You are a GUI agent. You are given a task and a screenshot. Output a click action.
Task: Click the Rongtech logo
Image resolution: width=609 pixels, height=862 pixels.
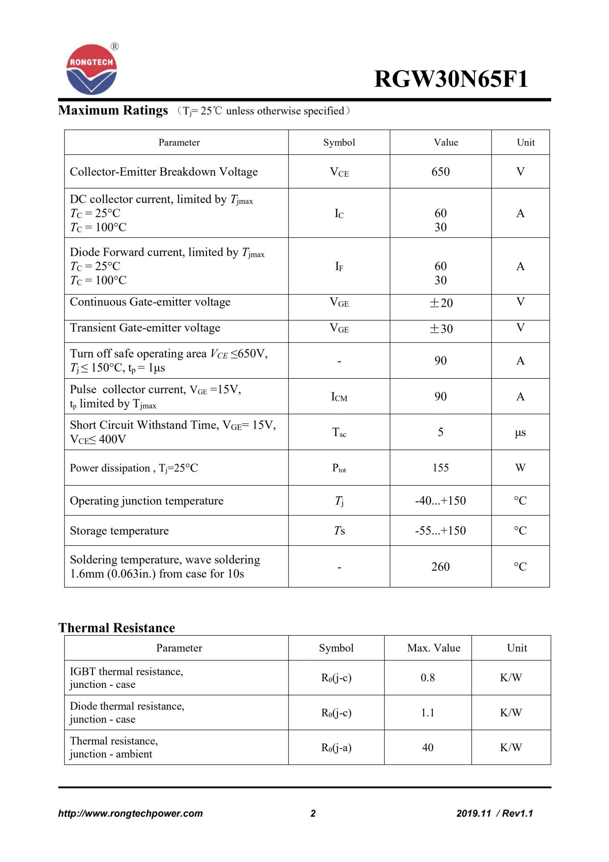92,69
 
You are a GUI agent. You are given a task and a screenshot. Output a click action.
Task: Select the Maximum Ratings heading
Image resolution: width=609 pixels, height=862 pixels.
113,110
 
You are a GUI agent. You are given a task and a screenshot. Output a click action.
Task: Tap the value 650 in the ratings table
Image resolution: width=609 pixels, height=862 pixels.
440,172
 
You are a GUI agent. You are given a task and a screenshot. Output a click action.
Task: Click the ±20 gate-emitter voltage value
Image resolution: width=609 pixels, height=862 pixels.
441,303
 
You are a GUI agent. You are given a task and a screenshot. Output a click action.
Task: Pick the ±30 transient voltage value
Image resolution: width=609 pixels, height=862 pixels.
441,329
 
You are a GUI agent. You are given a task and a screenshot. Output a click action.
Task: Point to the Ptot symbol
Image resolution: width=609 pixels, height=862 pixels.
339,468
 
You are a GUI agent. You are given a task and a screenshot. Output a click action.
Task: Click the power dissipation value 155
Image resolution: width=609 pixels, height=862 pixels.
440,467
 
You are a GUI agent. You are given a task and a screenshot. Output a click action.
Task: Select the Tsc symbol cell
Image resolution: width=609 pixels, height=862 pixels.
339,432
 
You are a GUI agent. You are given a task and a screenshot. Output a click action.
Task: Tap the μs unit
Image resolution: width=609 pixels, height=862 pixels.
520,432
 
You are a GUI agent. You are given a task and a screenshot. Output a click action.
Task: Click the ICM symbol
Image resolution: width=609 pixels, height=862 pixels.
339,396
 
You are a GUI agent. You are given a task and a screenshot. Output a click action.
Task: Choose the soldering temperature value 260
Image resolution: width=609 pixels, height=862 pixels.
440,567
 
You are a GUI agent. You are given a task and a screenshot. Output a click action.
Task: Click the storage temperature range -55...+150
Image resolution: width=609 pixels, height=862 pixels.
440,530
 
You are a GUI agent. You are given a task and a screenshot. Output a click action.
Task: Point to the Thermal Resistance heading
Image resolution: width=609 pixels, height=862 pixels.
117,628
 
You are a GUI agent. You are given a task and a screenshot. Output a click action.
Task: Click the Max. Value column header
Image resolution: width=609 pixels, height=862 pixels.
433,648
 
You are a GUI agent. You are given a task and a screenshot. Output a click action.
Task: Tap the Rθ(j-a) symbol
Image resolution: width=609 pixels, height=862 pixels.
336,748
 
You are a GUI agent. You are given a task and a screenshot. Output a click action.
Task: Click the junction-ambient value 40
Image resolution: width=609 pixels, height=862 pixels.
427,747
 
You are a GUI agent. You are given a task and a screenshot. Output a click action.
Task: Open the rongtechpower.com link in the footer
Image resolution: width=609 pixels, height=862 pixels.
130,813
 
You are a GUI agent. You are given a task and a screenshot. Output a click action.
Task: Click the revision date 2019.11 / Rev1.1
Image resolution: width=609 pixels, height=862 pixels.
494,813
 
